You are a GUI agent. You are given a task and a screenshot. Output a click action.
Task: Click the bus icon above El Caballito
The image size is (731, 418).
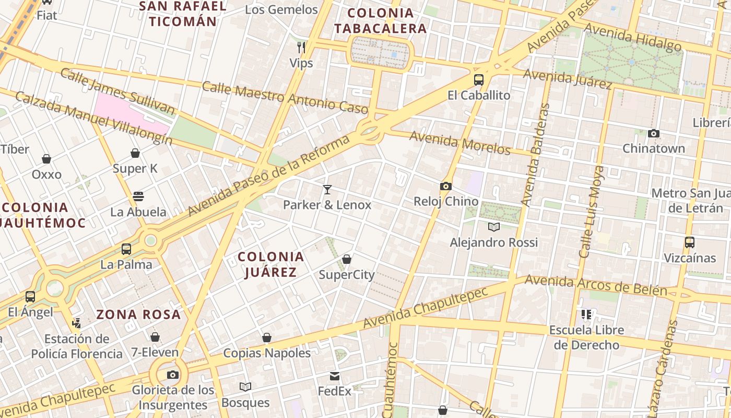478,80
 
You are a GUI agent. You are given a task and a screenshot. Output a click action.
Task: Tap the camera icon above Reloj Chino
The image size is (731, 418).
445,186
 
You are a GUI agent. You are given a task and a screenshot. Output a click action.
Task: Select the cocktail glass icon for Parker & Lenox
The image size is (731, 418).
327,189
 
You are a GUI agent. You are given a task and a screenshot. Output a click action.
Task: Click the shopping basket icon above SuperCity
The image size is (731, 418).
346,259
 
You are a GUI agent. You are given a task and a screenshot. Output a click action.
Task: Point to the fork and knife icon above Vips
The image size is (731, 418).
301,48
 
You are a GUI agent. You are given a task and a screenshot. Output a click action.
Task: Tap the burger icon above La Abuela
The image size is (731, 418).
138,196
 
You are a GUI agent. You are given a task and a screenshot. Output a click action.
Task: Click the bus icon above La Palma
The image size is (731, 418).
126,249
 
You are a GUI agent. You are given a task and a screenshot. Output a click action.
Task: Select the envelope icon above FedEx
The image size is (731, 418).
335,376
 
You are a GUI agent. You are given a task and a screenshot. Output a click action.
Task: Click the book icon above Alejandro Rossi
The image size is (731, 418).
493,227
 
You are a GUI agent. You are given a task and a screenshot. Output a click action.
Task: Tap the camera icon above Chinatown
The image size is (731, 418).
653,133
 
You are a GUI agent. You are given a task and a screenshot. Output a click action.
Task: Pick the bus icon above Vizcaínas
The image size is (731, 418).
689,242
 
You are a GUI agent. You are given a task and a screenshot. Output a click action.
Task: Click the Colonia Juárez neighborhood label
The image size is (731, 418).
270,264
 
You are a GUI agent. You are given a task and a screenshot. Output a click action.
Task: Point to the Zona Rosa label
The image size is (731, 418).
138,315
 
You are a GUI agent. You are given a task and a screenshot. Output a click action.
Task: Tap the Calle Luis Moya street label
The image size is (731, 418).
592,212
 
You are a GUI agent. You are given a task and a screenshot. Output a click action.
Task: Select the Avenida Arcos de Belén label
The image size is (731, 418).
595,285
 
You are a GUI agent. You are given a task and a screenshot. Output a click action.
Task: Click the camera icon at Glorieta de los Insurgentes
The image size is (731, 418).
173,375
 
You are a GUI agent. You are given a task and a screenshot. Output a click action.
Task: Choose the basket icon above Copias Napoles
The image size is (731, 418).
267,338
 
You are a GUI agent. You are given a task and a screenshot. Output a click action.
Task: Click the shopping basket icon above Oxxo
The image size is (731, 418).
46,159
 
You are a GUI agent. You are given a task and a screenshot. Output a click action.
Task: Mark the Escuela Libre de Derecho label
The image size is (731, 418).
586,338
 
